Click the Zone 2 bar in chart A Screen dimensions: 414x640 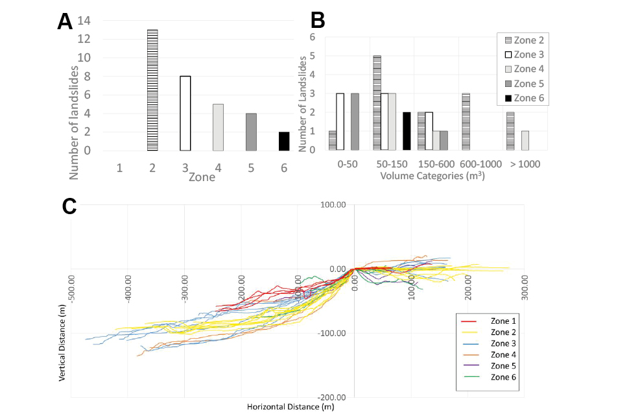click(152, 90)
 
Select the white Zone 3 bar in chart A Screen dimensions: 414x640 click(185, 113)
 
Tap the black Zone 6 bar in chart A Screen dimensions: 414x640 click(284, 141)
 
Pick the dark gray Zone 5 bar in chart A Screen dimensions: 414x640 click(251, 132)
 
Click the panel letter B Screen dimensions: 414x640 click(318, 21)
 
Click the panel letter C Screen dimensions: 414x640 click(69, 206)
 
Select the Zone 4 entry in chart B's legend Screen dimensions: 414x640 click(520, 69)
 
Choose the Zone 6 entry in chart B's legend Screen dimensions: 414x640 click(520, 99)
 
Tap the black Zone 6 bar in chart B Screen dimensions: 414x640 click(407, 130)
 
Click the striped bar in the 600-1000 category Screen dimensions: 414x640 click(466, 121)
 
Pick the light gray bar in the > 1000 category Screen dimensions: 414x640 click(525, 140)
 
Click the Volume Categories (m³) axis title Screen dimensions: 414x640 click(432, 175)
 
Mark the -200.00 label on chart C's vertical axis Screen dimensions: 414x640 click(335, 397)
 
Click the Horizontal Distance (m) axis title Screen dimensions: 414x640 click(290, 407)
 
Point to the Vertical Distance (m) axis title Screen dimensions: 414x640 click(64, 344)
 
